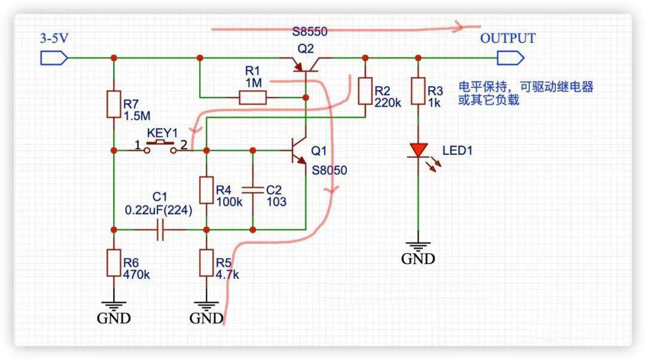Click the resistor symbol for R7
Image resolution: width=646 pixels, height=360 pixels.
pyautogui.click(x=114, y=104)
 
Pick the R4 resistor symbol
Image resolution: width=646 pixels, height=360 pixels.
pyautogui.click(x=206, y=191)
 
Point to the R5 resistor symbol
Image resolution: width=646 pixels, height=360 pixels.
pyautogui.click(x=206, y=264)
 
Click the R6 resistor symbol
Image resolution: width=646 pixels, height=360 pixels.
pyautogui.click(x=114, y=264)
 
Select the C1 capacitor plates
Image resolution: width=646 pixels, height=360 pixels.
pyautogui.click(x=160, y=230)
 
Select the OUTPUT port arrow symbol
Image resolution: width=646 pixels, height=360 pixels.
pyautogui.click(x=510, y=58)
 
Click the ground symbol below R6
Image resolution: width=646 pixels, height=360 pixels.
pyautogui.click(x=114, y=304)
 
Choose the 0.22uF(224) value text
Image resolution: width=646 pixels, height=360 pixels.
pyautogui.click(x=159, y=210)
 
